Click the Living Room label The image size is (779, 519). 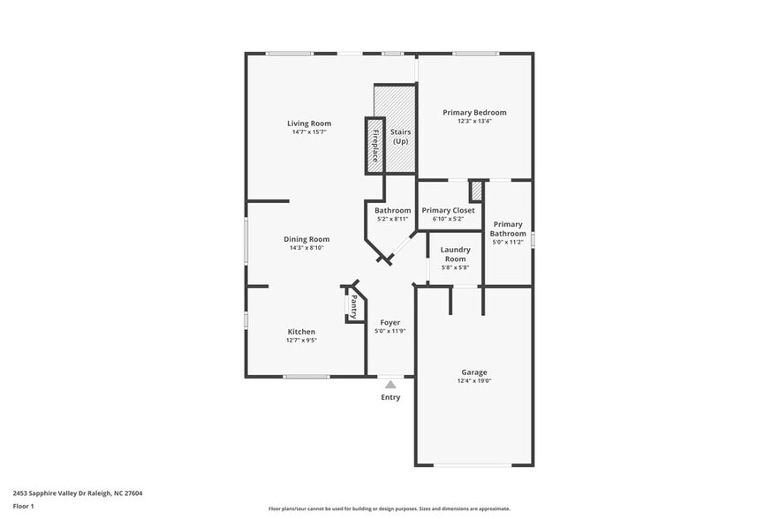(x=308, y=123)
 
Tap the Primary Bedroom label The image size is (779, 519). (x=474, y=113)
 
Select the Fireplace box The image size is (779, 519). (x=374, y=145)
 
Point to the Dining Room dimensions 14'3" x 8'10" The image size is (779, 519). (x=306, y=248)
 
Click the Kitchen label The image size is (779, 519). (x=300, y=332)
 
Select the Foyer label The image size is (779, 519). (x=389, y=322)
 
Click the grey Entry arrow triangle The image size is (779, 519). (x=390, y=384)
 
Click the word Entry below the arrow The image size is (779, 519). (x=390, y=397)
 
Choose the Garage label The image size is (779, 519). (x=473, y=372)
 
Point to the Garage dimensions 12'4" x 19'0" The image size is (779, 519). (x=473, y=381)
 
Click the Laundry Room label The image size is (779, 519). (x=455, y=254)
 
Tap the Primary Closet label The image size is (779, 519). (x=448, y=210)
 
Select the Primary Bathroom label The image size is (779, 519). (x=509, y=229)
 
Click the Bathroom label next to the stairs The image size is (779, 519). (x=392, y=210)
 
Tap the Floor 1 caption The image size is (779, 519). (x=24, y=506)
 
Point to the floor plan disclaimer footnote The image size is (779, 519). (x=389, y=508)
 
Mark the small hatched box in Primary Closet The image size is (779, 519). (x=476, y=191)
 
